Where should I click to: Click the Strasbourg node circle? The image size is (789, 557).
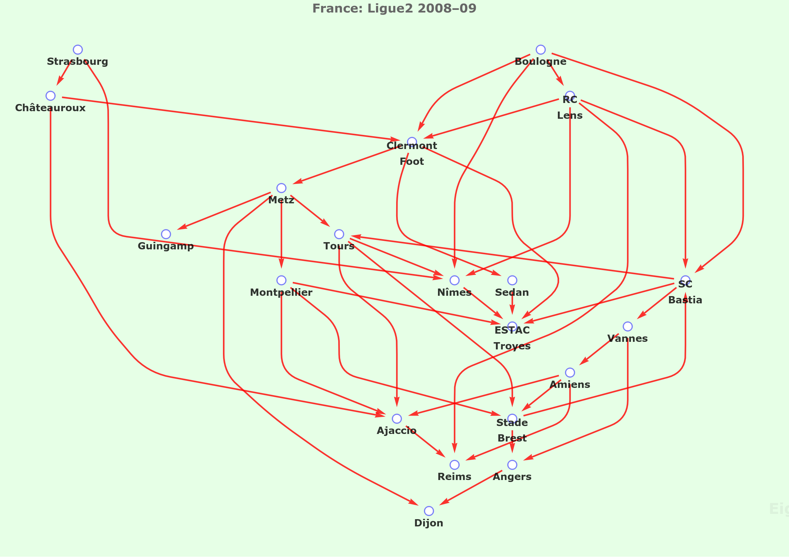click(78, 50)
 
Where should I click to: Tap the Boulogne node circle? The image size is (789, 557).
click(541, 50)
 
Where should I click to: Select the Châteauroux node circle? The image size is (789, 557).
click(50, 96)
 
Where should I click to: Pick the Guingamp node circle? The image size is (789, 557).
click(166, 234)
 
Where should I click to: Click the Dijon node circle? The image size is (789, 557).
click(429, 511)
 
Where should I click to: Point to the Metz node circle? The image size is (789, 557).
click(282, 188)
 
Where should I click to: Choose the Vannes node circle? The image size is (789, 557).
click(628, 326)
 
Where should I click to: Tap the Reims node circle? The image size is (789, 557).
click(455, 465)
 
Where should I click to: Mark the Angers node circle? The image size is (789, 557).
click(512, 465)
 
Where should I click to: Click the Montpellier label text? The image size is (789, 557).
click(281, 292)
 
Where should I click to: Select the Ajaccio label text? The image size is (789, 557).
click(396, 431)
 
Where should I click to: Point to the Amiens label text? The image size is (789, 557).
click(570, 385)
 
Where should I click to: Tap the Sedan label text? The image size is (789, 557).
click(512, 292)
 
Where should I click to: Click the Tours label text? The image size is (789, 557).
click(339, 246)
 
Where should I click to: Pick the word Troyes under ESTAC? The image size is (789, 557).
click(512, 346)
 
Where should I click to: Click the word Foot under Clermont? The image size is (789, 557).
click(412, 162)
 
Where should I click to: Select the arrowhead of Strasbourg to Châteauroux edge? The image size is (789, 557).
click(59, 81)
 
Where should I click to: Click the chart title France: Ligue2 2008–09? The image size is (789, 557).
click(394, 8)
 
